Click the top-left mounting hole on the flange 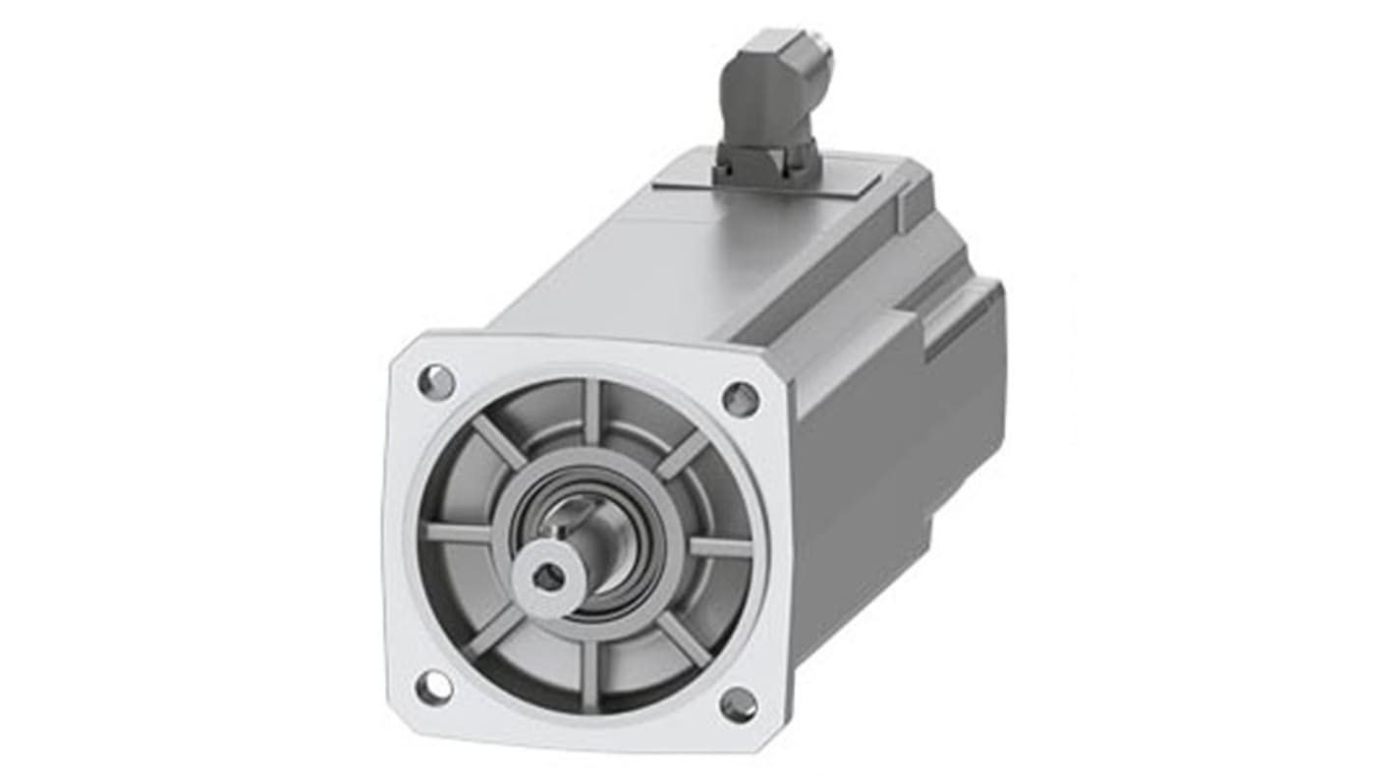(x=435, y=380)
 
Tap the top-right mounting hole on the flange (x=741, y=399)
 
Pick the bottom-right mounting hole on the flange (x=738, y=704)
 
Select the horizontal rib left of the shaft (x=458, y=532)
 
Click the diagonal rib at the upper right (x=683, y=455)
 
